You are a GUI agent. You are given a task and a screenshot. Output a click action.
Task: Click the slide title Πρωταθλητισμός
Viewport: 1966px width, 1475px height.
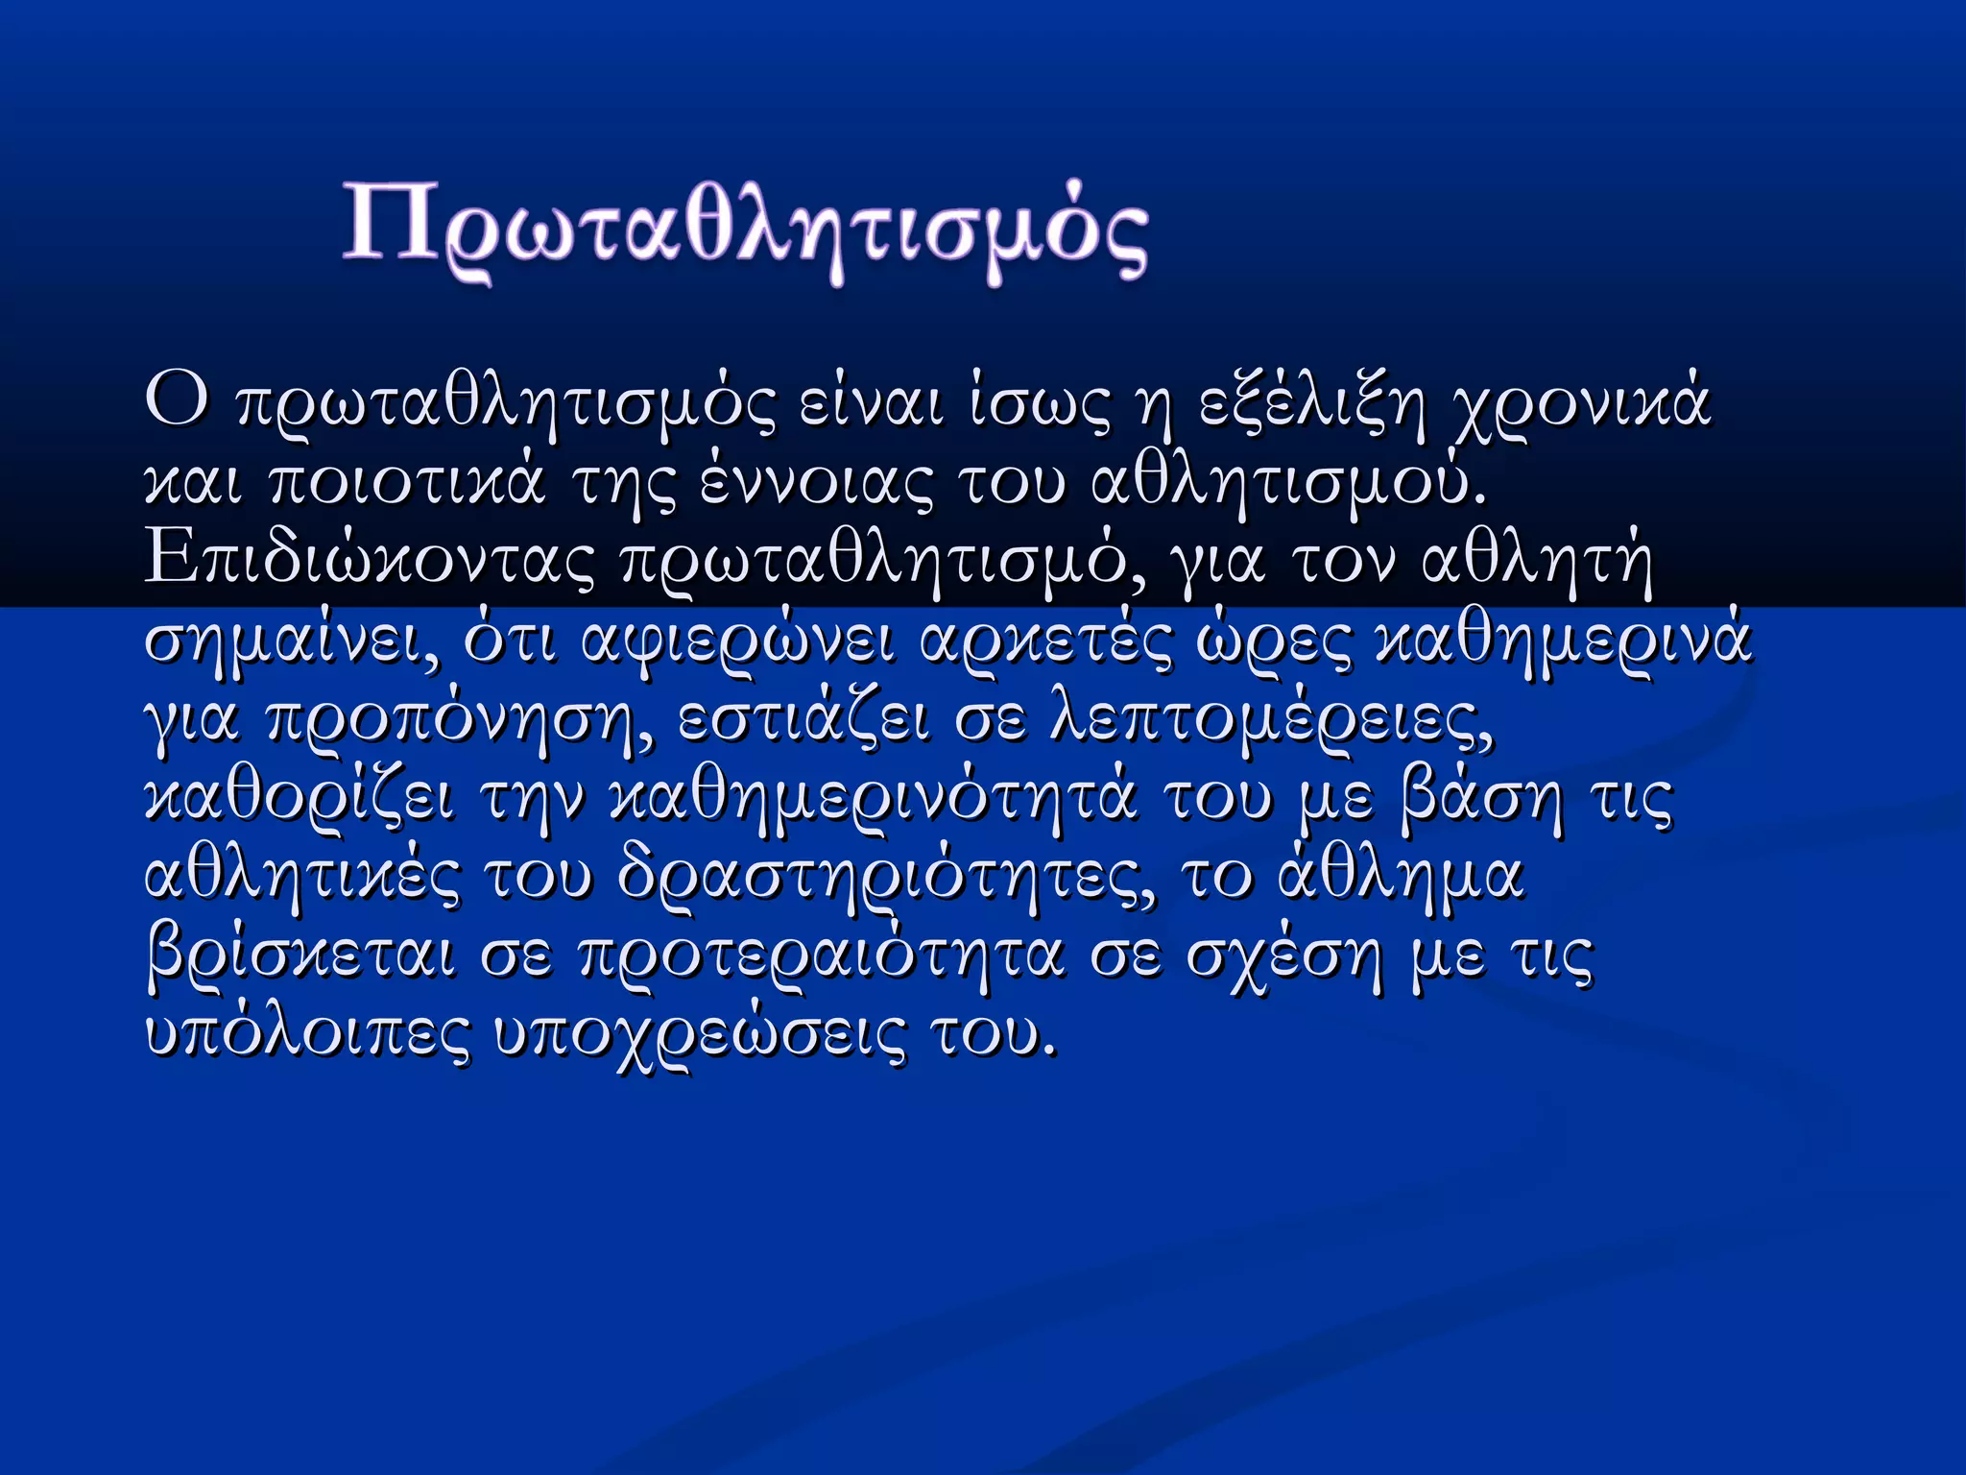pyautogui.click(x=745, y=230)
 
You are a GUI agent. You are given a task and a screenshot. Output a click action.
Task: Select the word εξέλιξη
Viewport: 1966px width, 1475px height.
pyautogui.click(x=1311, y=404)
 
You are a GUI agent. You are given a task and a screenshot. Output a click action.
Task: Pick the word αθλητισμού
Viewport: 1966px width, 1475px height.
pyautogui.click(x=1288, y=483)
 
